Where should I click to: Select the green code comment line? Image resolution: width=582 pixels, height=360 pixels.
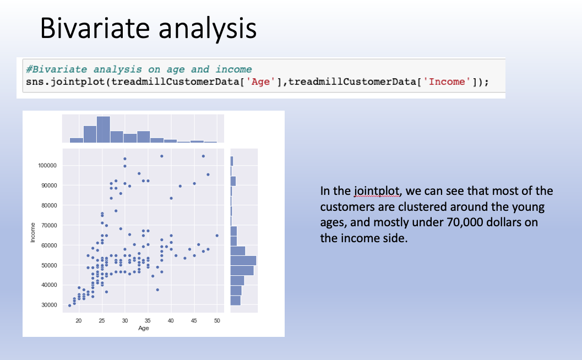pyautogui.click(x=139, y=69)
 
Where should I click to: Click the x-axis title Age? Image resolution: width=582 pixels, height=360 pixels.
pyautogui.click(x=144, y=328)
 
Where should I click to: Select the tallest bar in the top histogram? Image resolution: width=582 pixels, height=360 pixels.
pyautogui.click(x=104, y=129)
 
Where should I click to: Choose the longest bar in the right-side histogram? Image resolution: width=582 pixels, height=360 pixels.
pyautogui.click(x=243, y=260)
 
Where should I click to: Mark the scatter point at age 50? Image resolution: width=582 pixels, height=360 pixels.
pyautogui.click(x=217, y=235)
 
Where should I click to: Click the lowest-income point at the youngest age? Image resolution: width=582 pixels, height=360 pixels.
pyautogui.click(x=69, y=306)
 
